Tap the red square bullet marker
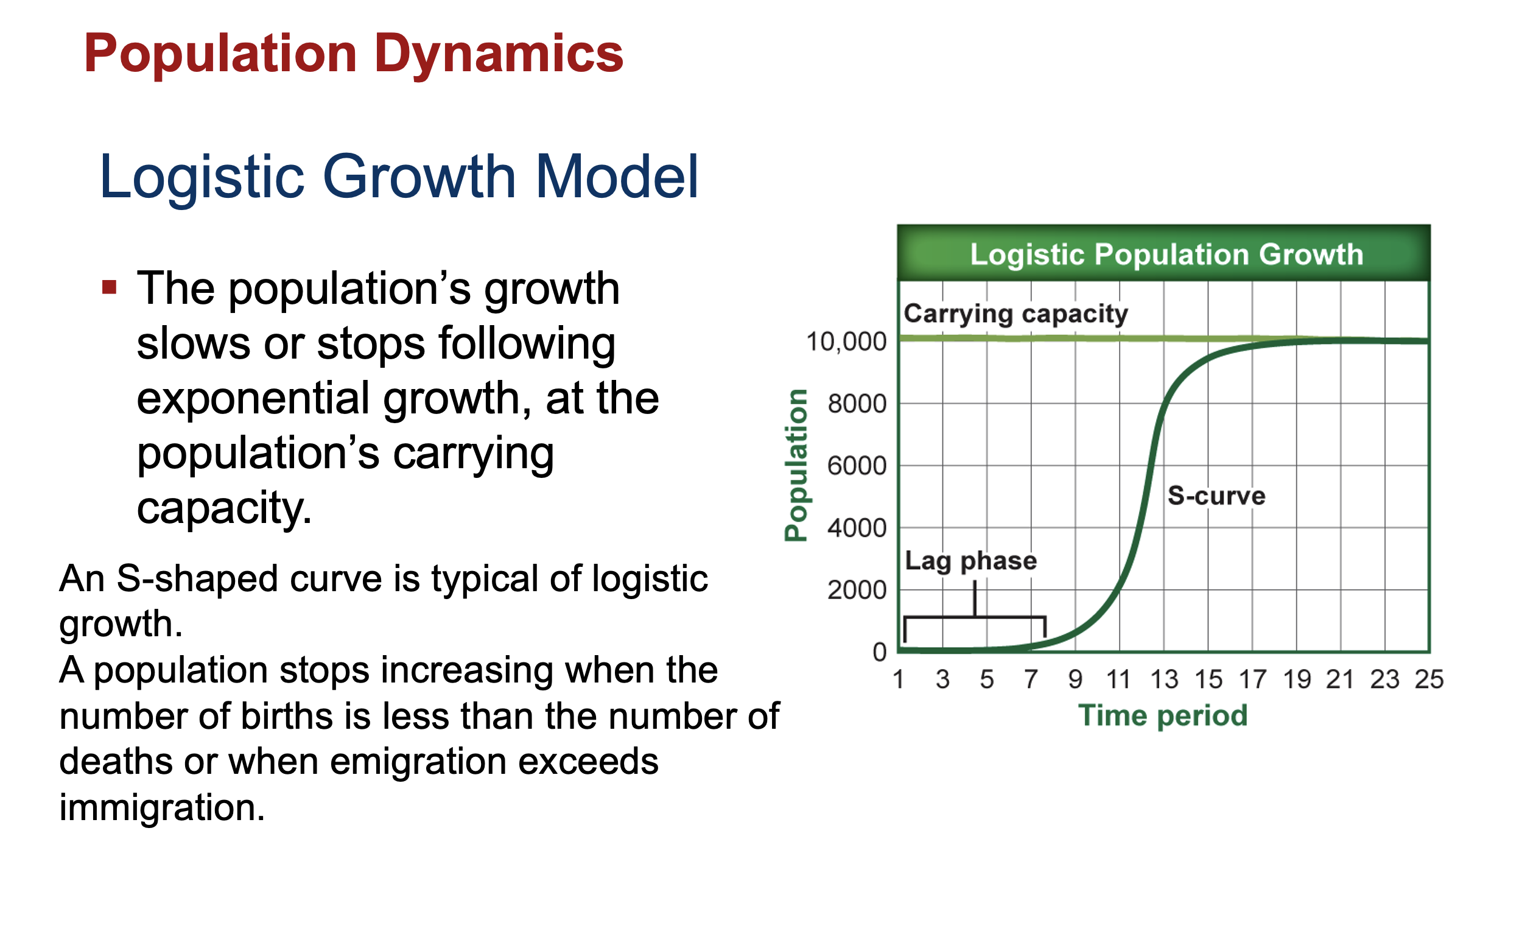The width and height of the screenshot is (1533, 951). click(110, 287)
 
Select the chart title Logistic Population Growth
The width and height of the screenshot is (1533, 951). click(1166, 254)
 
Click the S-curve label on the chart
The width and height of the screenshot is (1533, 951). click(1215, 496)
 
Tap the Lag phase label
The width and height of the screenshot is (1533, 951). click(970, 561)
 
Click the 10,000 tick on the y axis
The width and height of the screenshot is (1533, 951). click(846, 342)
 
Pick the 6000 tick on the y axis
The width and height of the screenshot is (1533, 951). click(857, 466)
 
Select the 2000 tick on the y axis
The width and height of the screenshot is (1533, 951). click(857, 590)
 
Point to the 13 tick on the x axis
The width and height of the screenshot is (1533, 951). click(1163, 679)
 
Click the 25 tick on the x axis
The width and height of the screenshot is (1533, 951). click(1429, 679)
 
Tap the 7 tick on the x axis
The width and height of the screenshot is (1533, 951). click(1031, 679)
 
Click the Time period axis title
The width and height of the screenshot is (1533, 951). click(1163, 716)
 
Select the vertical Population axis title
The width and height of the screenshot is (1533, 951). click(796, 465)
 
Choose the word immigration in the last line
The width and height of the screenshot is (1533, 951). click(161, 807)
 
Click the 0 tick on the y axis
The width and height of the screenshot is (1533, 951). click(879, 651)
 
